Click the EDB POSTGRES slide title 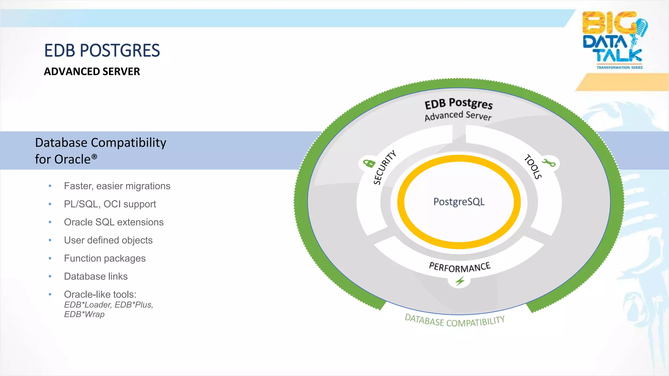pos(102,51)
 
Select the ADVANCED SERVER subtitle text pos(92,71)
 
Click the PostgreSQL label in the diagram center pos(459,202)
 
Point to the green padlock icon pos(369,163)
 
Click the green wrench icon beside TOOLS pos(549,163)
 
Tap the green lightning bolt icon pos(460,281)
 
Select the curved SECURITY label pos(384,167)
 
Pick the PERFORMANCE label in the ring pos(460,267)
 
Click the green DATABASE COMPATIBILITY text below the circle pos(454,321)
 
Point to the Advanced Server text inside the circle pos(458,115)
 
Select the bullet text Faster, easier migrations pos(117,186)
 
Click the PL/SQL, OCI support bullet pos(110,204)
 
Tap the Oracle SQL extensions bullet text pos(114,222)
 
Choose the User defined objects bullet pos(108,240)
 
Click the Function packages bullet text pos(105,258)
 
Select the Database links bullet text pos(96,276)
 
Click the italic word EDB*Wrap pos(84,314)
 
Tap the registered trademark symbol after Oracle pos(94,156)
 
